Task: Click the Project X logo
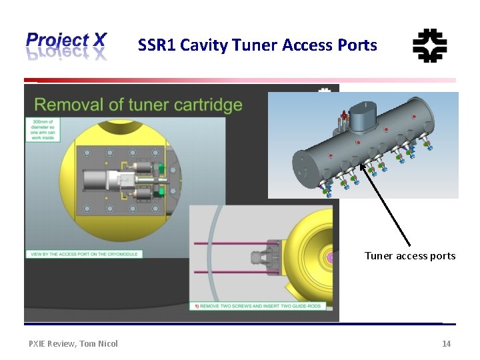click(x=66, y=46)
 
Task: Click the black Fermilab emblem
click(x=430, y=46)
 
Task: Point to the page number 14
click(x=446, y=343)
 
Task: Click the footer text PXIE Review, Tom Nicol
click(x=73, y=343)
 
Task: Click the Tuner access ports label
click(x=409, y=256)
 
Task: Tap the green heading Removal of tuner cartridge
click(x=138, y=105)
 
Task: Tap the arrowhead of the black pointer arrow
click(x=363, y=167)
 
